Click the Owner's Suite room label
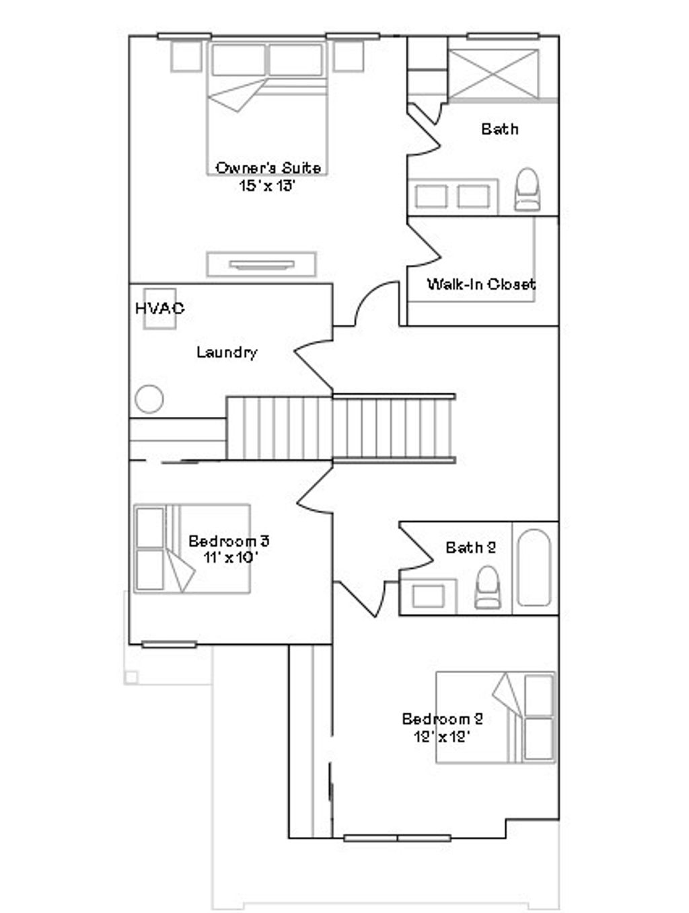(x=268, y=167)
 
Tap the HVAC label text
(x=159, y=309)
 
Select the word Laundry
(x=227, y=352)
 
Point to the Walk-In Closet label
(x=481, y=284)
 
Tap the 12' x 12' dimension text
(x=441, y=736)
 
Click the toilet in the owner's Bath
(x=528, y=190)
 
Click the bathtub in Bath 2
(x=534, y=568)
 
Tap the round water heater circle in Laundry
(x=149, y=399)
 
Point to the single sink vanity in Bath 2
(x=428, y=596)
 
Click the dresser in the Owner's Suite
(x=261, y=264)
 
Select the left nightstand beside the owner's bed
(x=186, y=56)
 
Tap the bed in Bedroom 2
(x=496, y=717)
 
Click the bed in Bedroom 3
(x=192, y=549)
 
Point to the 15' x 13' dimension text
(x=268, y=185)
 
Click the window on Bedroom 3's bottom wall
(x=169, y=644)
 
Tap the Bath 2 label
(x=470, y=547)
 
